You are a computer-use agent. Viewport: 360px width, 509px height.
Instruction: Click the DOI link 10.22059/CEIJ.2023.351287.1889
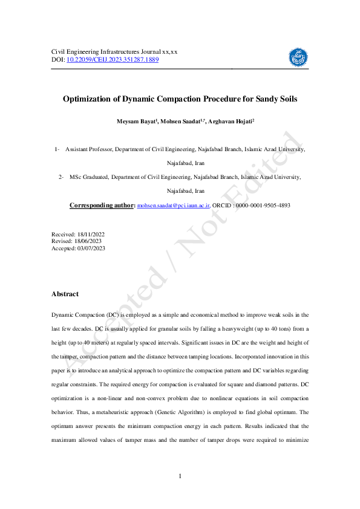[113, 60]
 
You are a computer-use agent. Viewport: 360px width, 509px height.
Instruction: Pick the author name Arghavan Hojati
[231, 122]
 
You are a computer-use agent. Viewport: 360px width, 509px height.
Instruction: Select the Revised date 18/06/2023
[87, 241]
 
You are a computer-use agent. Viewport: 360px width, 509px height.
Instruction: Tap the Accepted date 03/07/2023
[90, 247]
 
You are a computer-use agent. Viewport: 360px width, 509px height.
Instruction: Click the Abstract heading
[65, 294]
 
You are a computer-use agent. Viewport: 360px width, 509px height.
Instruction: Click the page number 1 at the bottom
[180, 478]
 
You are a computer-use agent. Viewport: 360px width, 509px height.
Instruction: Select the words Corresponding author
[102, 206]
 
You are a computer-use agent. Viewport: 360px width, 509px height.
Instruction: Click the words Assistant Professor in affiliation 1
[88, 149]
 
